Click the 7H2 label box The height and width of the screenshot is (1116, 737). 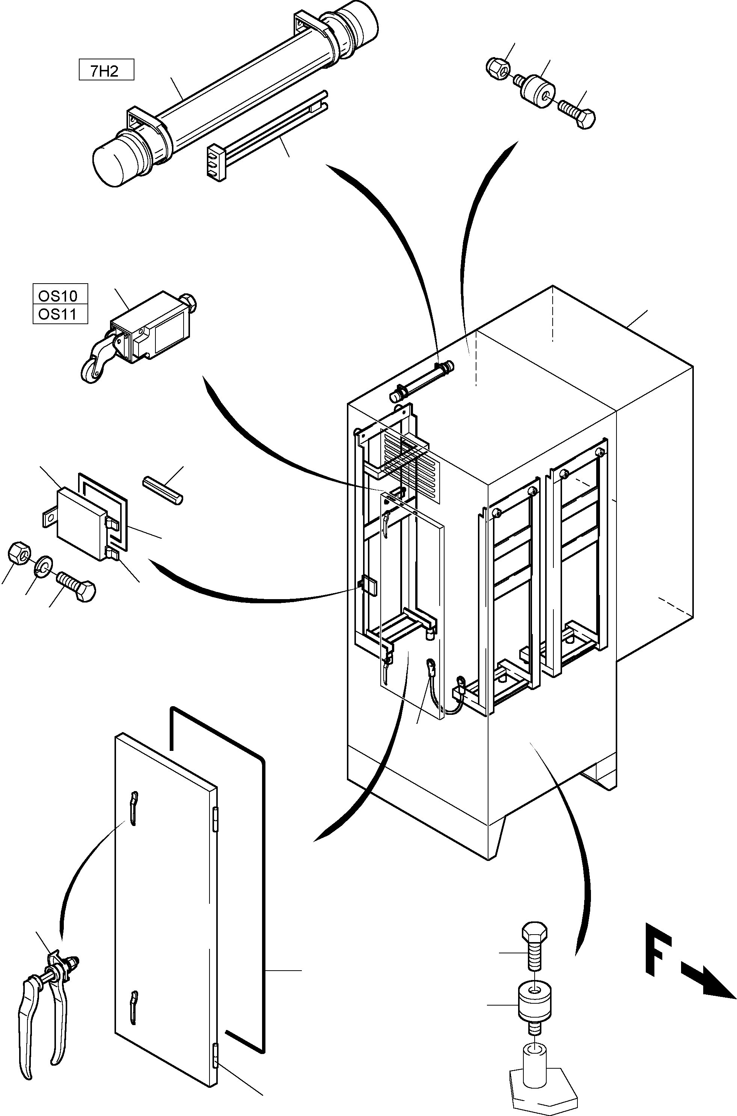(x=106, y=69)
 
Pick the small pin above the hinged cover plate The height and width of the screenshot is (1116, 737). (x=162, y=491)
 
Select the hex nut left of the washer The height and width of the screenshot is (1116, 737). (x=20, y=552)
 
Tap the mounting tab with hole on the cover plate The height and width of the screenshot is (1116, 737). (x=48, y=518)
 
